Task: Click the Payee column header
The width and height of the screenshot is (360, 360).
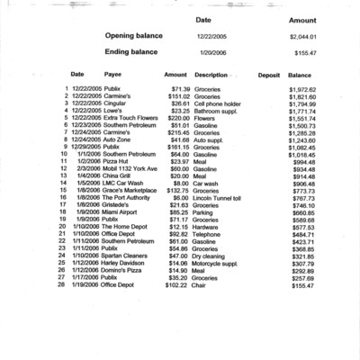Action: pyautogui.click(x=113, y=75)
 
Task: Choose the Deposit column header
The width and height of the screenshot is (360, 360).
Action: pyautogui.click(x=268, y=75)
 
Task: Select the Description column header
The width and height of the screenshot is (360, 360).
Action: pyautogui.click(x=211, y=75)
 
